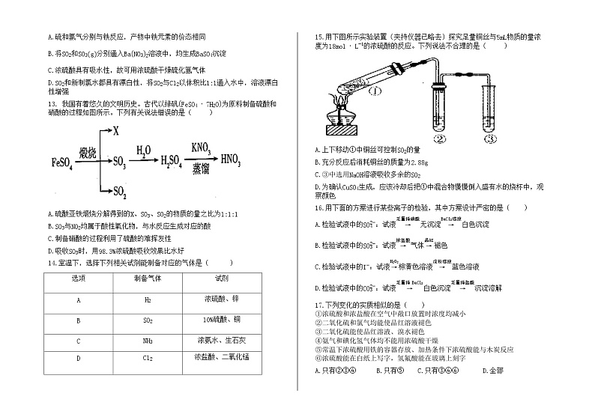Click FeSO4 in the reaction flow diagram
[x=62, y=162]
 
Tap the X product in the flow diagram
[x=116, y=132]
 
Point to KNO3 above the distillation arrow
[x=199, y=147]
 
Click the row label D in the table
[x=78, y=359]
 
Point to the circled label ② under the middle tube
[x=441, y=139]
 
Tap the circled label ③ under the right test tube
[x=489, y=139]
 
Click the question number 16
[x=318, y=207]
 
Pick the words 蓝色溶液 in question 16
[x=465, y=267]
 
